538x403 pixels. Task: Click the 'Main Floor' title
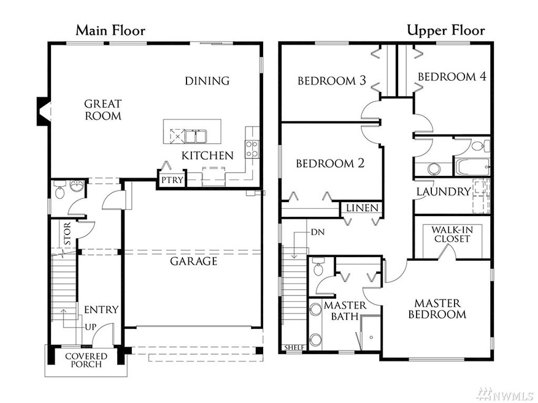click(x=110, y=30)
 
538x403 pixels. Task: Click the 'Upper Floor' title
click(x=446, y=30)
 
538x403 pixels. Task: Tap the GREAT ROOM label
click(x=102, y=110)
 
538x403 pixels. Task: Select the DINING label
click(x=207, y=81)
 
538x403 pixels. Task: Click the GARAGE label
click(x=194, y=262)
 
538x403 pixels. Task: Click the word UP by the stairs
click(x=90, y=326)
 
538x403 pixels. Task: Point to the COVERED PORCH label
click(x=86, y=360)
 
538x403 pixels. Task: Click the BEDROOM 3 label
click(x=327, y=81)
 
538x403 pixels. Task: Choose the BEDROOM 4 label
click(x=452, y=77)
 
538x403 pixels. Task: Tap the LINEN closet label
click(x=362, y=208)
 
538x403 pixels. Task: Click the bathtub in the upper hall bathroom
click(x=472, y=166)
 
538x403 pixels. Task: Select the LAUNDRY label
click(x=443, y=192)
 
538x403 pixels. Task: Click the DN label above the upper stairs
click(x=317, y=232)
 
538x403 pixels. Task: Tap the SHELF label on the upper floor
click(x=294, y=348)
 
